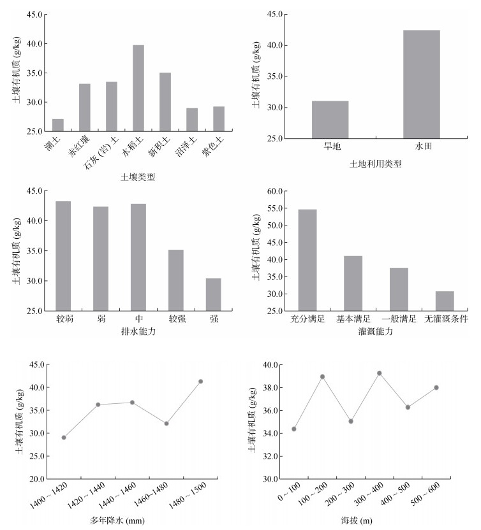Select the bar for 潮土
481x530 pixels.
[58, 125]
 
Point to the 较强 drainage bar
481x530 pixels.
[175, 280]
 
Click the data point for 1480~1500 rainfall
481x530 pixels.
[201, 382]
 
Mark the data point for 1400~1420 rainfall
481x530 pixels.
[64, 438]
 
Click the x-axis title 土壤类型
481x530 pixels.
[138, 176]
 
